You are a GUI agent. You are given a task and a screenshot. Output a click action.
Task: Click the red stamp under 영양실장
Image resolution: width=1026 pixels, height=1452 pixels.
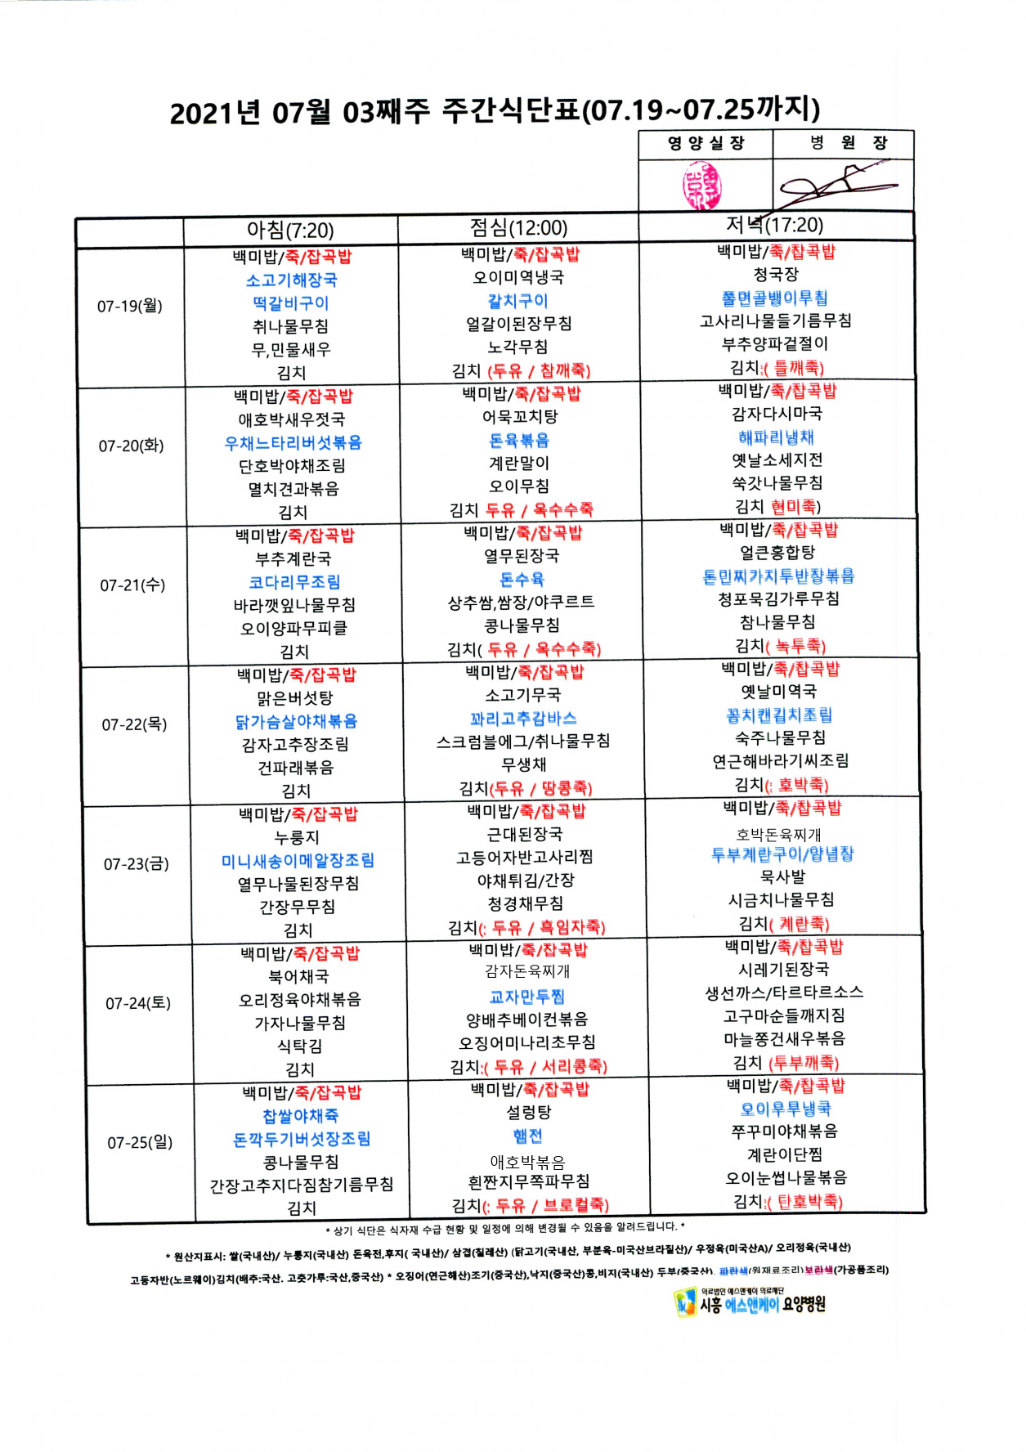[702, 185]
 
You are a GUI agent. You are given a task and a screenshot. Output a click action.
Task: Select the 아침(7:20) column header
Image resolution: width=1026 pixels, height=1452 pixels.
[290, 231]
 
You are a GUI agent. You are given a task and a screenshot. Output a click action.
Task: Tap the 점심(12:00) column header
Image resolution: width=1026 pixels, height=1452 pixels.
[518, 228]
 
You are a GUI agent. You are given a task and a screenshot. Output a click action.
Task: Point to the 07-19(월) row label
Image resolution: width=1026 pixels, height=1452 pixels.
[130, 307]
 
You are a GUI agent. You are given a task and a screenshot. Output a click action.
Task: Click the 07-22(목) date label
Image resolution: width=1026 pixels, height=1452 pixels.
[135, 725]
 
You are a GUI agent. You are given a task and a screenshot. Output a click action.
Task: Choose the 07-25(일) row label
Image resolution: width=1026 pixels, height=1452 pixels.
[140, 1143]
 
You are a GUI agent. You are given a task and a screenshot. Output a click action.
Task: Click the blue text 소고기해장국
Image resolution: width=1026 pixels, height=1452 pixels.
[292, 280]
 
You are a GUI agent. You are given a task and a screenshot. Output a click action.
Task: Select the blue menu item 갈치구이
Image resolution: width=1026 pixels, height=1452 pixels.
[518, 301]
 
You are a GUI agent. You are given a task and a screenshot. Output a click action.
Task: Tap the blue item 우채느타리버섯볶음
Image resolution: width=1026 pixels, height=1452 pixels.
[293, 443]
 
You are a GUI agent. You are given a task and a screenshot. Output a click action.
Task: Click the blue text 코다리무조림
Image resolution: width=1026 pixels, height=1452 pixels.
[294, 582]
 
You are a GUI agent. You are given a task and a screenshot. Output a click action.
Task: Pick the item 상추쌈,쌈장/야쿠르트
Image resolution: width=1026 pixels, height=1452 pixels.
[521, 603]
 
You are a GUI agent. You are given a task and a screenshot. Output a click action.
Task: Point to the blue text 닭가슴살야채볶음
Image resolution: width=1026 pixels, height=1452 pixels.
[296, 722]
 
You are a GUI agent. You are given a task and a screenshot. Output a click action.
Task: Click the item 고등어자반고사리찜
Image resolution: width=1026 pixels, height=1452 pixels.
[524, 858]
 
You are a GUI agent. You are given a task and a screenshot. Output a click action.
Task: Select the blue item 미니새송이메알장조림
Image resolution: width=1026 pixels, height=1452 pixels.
[298, 861]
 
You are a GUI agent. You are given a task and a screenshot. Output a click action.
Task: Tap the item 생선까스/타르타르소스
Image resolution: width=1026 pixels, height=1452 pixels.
[784, 993]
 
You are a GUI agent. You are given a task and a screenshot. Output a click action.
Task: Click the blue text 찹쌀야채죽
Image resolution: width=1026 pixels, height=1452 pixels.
[300, 1116]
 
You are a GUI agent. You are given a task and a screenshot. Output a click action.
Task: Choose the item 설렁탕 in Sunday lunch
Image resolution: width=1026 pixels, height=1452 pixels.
[528, 1113]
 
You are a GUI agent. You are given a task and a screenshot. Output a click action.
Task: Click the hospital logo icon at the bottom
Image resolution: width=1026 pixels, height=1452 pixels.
[683, 1302]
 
